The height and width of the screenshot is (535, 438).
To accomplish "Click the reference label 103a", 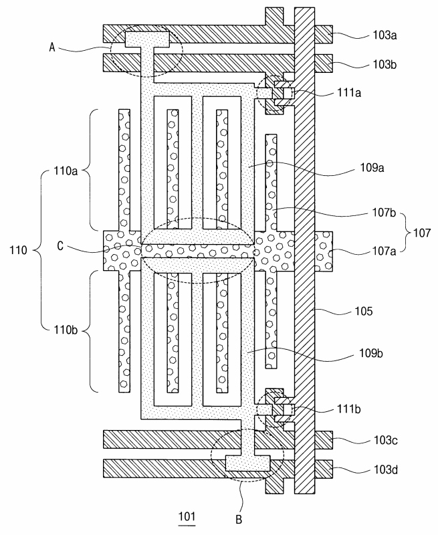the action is (x=385, y=35).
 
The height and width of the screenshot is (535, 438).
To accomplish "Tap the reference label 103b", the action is (x=385, y=64).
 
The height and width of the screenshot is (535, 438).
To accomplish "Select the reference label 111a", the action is (x=349, y=92).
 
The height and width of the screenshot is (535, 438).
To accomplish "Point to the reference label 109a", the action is (x=372, y=168).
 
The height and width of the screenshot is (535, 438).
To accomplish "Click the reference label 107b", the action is (x=384, y=213).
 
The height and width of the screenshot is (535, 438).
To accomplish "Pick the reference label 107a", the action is (x=384, y=251).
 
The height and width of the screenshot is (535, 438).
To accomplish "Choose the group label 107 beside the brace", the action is (x=422, y=233).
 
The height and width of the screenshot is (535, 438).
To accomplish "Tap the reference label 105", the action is (x=364, y=311).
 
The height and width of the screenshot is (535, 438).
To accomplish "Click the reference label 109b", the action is (x=371, y=353).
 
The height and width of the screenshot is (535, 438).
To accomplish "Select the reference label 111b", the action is (x=349, y=409).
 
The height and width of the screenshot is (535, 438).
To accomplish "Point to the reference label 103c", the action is (x=385, y=440).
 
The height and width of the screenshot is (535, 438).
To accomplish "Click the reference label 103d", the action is (x=385, y=470).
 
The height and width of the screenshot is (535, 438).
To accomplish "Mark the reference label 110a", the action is (x=66, y=171).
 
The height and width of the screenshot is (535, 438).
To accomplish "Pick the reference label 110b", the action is (x=66, y=330).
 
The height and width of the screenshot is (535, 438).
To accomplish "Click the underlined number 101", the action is (x=187, y=516).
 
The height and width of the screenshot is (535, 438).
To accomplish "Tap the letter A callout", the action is (x=52, y=47).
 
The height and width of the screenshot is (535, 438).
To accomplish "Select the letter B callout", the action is (x=239, y=520).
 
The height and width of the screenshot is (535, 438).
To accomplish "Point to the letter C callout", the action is (x=60, y=245).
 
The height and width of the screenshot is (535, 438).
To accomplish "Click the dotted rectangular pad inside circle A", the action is (x=148, y=39).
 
